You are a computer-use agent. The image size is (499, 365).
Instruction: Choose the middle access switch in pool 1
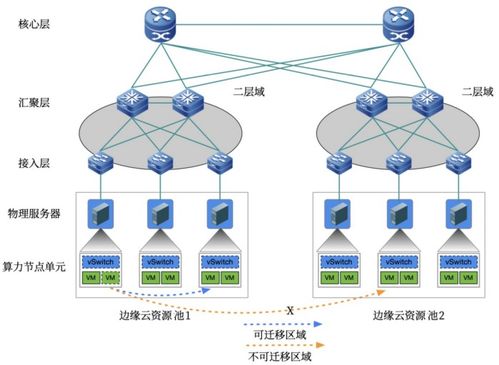pyautogui.click(x=158, y=162)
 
